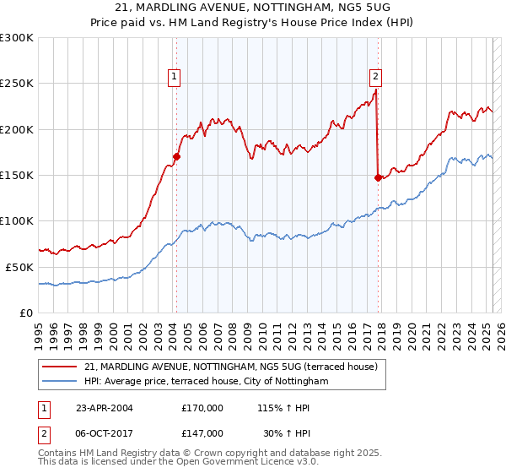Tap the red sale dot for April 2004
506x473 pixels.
click(176, 155)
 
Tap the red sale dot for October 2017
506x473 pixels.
click(377, 177)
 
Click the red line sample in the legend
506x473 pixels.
click(60, 367)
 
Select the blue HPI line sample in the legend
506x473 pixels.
click(60, 381)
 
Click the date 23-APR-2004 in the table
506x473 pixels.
click(105, 408)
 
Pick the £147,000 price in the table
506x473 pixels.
click(202, 432)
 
